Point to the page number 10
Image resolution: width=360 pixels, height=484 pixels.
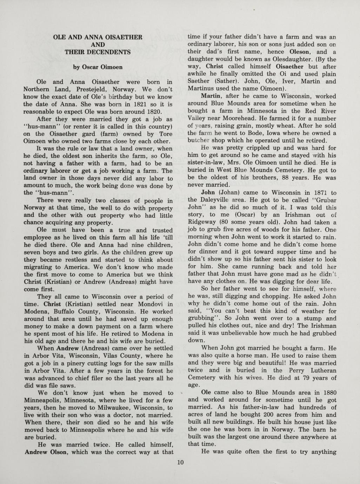pyautogui.click(x=180, y=463)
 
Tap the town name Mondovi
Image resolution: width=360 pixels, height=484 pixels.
pyautogui.click(x=145, y=304)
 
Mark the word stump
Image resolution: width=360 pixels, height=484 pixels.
pyautogui.click(x=316, y=318)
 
